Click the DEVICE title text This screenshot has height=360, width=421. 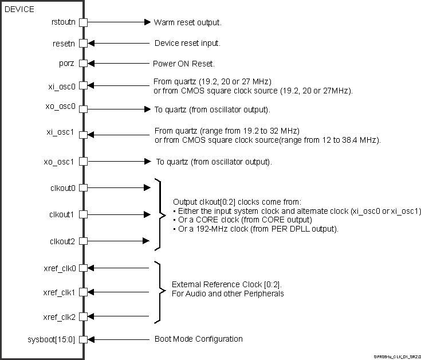tap(19, 9)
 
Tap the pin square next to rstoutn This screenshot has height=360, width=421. tap(83, 23)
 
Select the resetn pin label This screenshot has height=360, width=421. tap(63, 43)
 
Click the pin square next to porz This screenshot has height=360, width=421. tap(83, 64)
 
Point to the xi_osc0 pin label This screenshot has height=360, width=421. tap(62, 86)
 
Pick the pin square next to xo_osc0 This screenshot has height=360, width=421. tap(83, 108)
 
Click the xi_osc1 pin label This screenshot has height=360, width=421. tap(62, 135)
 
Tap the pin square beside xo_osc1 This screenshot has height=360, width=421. tap(83, 161)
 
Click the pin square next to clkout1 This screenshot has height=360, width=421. tap(83, 214)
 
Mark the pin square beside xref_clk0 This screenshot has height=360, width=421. tap(83, 268)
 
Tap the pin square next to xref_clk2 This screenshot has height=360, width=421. tap(83, 317)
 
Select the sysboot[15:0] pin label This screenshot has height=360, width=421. tap(54, 339)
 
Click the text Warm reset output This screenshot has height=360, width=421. tap(187, 23)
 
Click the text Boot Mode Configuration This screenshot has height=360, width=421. tap(198, 339)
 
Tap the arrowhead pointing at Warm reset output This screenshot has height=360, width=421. tap(146, 23)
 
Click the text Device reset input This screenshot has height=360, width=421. tap(187, 43)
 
